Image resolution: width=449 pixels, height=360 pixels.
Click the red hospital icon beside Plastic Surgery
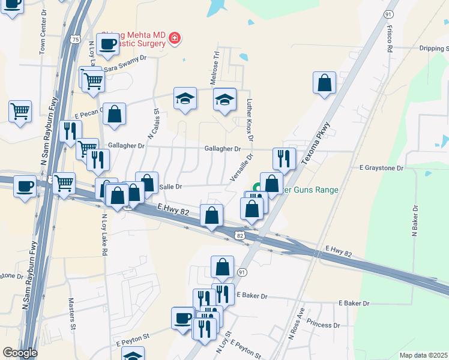pos(175,38)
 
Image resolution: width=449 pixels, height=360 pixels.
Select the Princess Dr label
pos(323,325)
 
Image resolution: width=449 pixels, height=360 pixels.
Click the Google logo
pos(20,353)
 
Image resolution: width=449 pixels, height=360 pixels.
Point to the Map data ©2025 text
pos(423,355)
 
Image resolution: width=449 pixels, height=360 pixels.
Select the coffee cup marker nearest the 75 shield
pos(107,44)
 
